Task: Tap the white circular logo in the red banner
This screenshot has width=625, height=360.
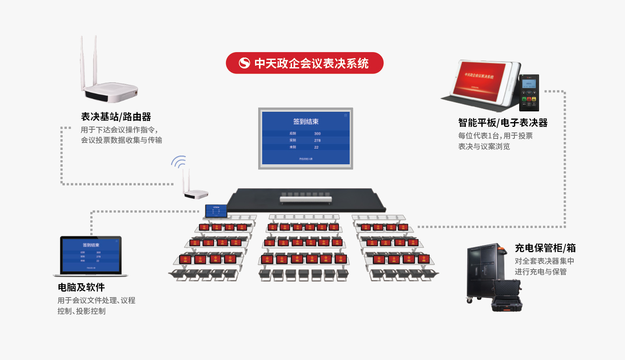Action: click(x=244, y=63)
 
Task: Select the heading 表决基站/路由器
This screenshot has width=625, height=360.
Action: click(x=116, y=117)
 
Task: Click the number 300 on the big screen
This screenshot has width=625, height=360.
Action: click(x=317, y=134)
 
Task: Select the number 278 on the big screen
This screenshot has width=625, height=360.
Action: click(x=317, y=140)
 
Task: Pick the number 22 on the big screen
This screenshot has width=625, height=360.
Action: click(x=316, y=147)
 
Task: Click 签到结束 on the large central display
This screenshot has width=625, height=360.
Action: click(x=306, y=121)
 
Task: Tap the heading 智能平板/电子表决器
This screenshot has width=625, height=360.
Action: click(x=502, y=123)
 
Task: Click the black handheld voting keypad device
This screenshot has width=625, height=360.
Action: click(x=529, y=93)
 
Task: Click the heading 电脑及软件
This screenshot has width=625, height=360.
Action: click(x=81, y=287)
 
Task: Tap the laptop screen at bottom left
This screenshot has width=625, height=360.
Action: click(x=91, y=255)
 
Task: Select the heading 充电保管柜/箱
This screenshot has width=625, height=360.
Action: click(x=545, y=248)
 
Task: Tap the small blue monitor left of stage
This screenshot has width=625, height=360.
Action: click(x=216, y=211)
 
